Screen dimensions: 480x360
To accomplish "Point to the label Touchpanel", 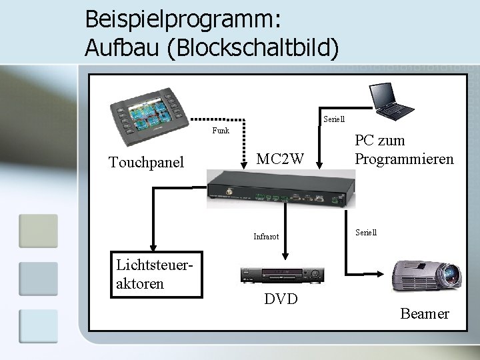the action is [146, 161].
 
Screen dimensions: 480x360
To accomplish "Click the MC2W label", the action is [281, 159].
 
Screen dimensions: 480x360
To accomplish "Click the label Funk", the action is [221, 131].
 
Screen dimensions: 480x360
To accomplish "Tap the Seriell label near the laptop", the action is [333, 119].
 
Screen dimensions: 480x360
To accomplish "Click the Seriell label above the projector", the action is [366, 233].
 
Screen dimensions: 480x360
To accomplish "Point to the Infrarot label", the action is [266, 237].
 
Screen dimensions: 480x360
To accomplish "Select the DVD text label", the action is [281, 299].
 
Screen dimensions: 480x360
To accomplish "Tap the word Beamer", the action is [425, 314].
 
